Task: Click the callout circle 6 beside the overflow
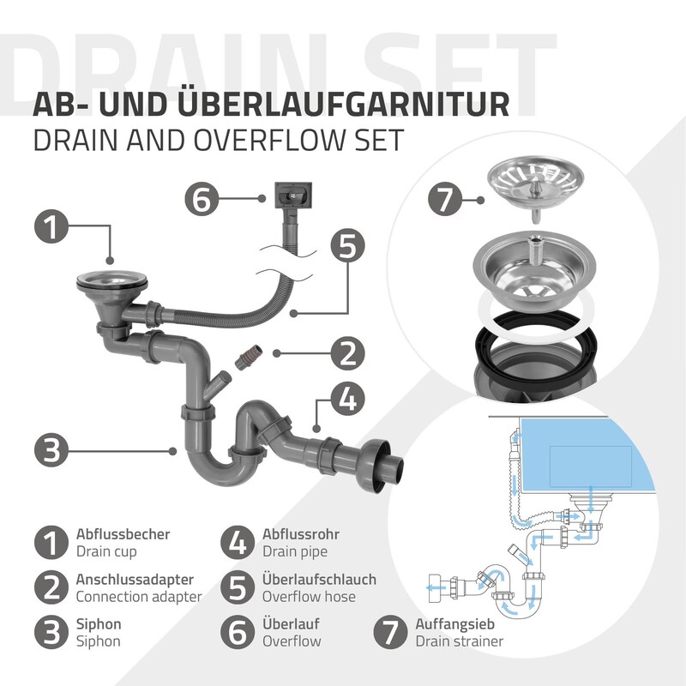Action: tap(202, 199)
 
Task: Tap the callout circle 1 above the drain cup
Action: tap(51, 226)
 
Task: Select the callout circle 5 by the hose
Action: tap(347, 246)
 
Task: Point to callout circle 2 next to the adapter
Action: tap(347, 353)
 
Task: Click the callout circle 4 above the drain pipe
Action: tap(348, 399)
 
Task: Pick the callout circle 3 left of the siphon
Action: tap(51, 450)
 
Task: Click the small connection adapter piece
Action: tap(248, 357)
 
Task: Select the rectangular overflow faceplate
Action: tap(293, 196)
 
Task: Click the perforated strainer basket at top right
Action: tap(535, 180)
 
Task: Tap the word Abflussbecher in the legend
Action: tap(123, 534)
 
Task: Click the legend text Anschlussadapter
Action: tap(135, 580)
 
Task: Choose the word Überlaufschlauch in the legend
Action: tap(319, 580)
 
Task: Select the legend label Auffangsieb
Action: tap(455, 624)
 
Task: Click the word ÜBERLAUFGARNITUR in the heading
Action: tap(344, 104)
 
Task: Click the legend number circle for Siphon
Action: tap(51, 632)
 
